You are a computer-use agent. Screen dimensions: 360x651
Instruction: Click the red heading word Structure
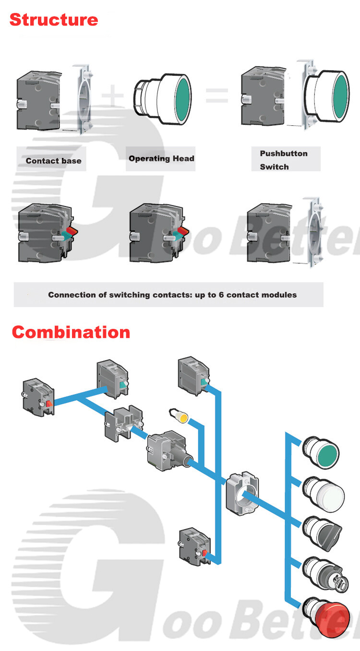tap(54, 20)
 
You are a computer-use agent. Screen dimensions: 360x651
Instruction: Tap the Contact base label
tap(53, 161)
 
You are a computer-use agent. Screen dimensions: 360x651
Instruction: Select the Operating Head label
tap(161, 158)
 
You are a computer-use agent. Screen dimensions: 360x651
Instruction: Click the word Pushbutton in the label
tap(284, 154)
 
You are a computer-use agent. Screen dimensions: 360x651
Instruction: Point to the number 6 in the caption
tap(221, 295)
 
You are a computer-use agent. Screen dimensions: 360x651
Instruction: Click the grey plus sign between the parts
tap(113, 96)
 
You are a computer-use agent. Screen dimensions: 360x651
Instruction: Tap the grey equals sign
tap(217, 96)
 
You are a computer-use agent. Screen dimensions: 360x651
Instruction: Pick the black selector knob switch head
tap(322, 533)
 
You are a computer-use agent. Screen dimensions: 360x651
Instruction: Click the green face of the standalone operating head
tap(183, 99)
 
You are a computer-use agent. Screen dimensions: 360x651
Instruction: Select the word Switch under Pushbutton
tap(274, 167)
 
